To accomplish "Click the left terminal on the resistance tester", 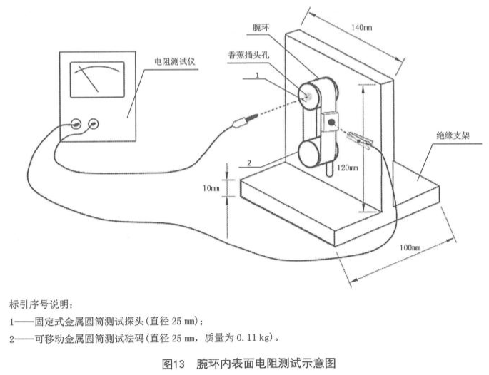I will point(75,123).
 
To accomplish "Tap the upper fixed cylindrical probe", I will point(311,93).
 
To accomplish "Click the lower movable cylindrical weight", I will point(312,151).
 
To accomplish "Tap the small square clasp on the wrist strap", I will point(331,122).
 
